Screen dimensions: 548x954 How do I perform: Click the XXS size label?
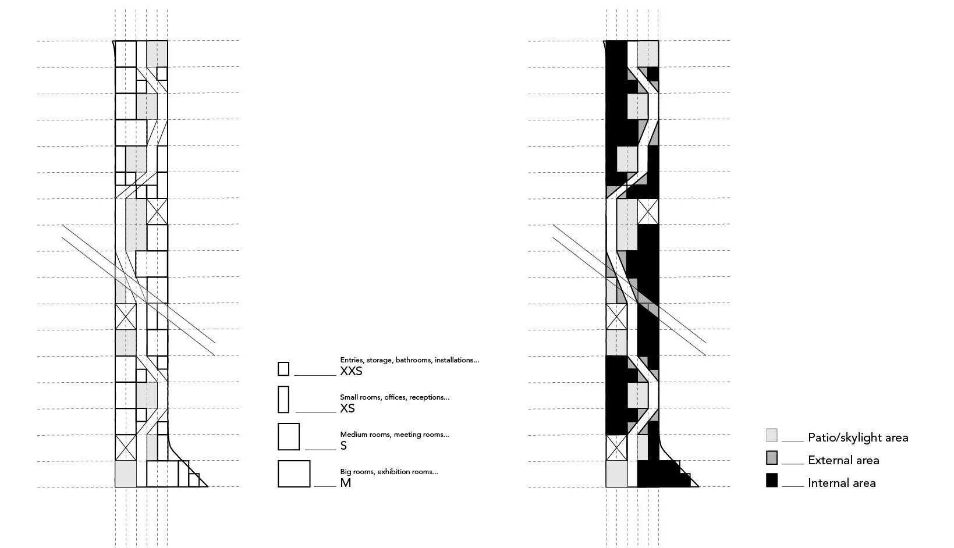[x=351, y=371]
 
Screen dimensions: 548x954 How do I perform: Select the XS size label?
[x=347, y=408]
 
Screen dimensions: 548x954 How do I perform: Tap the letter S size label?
[x=343, y=446]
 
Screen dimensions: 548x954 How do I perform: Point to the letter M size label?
[x=345, y=483]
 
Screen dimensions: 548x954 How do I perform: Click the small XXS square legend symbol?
[x=283, y=369]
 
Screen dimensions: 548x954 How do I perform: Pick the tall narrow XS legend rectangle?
[x=283, y=400]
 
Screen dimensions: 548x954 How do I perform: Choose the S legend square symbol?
[x=289, y=436]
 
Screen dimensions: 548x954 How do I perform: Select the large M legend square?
[x=294, y=474]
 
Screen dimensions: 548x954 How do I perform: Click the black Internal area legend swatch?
[x=772, y=481]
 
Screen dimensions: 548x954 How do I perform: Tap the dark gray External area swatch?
[x=772, y=458]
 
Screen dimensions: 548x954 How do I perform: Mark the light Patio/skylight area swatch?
[x=772, y=435]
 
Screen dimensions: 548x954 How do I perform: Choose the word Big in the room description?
[x=346, y=472]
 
